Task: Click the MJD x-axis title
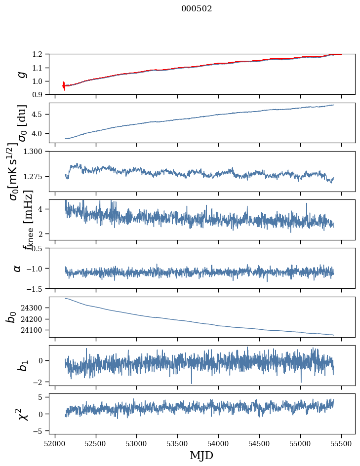click(x=201, y=455)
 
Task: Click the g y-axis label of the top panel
click(x=21, y=74)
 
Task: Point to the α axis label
click(x=18, y=268)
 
